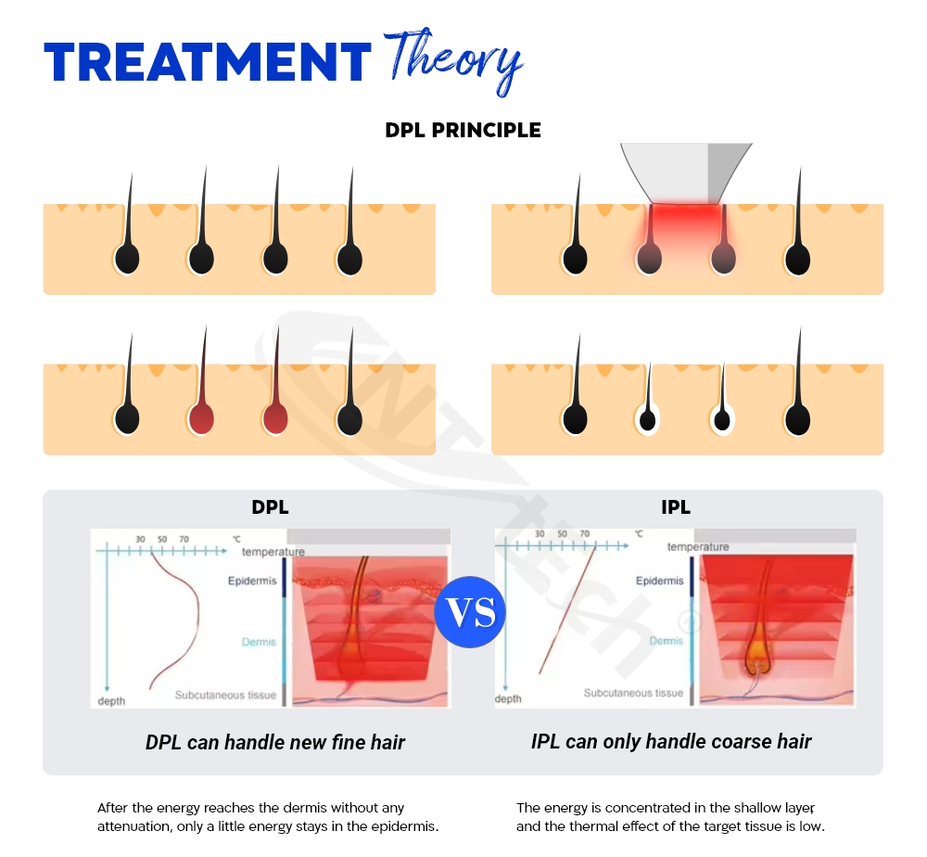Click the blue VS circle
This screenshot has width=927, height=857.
[470, 611]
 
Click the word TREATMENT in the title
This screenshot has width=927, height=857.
[208, 62]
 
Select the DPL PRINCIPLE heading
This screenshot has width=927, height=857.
[463, 130]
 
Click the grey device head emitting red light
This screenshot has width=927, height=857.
[686, 173]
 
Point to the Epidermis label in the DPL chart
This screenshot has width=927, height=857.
[252, 581]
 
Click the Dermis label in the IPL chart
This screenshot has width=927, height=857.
[666, 641]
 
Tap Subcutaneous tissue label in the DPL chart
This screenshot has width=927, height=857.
[225, 695]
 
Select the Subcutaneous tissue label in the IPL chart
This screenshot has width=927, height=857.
[633, 693]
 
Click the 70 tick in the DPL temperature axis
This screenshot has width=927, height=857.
[184, 540]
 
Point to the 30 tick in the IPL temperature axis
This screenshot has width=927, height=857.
[540, 533]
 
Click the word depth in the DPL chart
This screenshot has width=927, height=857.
[111, 701]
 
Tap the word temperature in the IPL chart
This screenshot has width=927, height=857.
[698, 547]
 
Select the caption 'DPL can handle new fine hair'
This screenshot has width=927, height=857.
[275, 742]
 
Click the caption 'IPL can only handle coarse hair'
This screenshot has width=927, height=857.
[671, 742]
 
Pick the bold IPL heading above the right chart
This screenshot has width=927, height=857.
[676, 507]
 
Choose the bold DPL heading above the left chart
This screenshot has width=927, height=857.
[270, 507]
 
